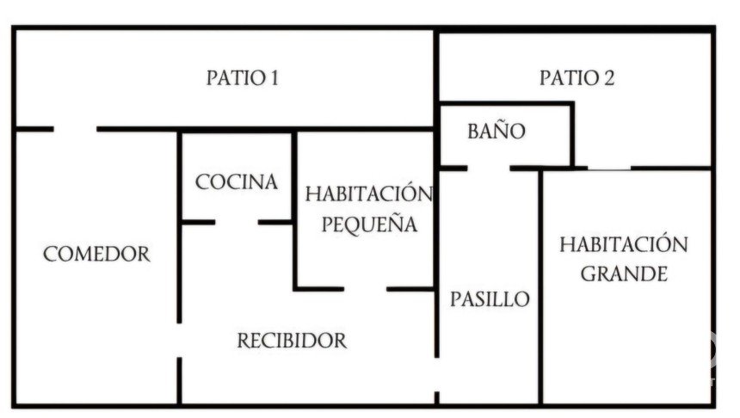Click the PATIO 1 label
click(x=243, y=78)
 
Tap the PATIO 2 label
click(x=577, y=78)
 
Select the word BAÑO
click(x=496, y=132)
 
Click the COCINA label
click(x=237, y=182)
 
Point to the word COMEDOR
click(x=96, y=255)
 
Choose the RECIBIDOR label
click(x=292, y=341)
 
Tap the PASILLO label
click(x=490, y=300)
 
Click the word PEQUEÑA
click(x=369, y=225)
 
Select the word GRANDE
click(x=624, y=275)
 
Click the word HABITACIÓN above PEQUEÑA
click(x=368, y=194)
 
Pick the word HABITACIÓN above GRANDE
click(x=624, y=244)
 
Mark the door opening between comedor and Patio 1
click(x=75, y=129)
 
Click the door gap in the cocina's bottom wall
click(x=237, y=222)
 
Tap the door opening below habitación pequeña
click(x=365, y=289)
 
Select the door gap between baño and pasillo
click(x=489, y=168)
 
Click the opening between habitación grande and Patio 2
click(x=608, y=168)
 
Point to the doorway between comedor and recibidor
click(x=179, y=341)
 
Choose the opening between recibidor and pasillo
click(x=436, y=374)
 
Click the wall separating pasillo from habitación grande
click(x=540, y=284)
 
